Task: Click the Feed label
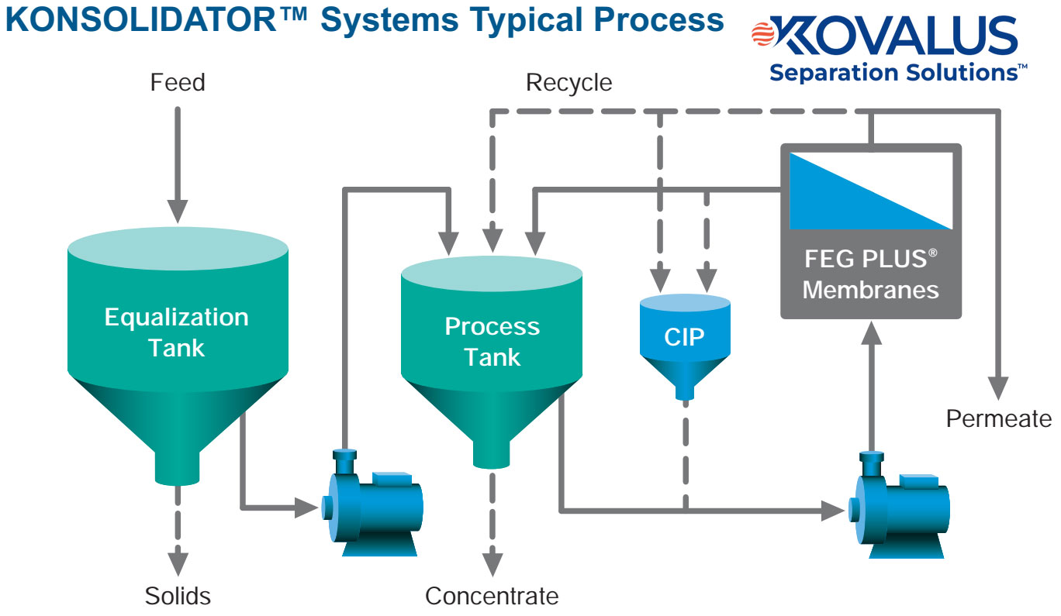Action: [178, 82]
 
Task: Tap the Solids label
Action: [178, 596]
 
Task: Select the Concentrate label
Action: [492, 596]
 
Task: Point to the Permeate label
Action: [999, 419]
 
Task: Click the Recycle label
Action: [569, 82]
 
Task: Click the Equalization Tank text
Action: [177, 332]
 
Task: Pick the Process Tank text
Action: [492, 342]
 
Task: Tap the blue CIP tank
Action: [684, 341]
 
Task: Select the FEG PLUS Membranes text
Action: [870, 274]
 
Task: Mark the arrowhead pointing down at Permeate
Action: [999, 387]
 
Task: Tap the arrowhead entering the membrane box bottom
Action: [872, 332]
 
